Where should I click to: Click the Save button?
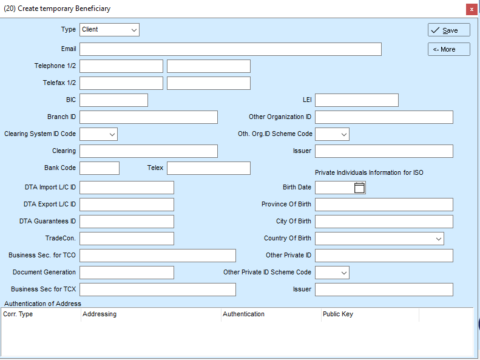[x=449, y=30]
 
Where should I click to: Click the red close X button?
[x=472, y=10]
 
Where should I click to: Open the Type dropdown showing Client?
[x=109, y=30]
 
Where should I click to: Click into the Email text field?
[x=231, y=49]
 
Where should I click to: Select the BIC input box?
[x=113, y=100]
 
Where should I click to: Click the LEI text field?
[x=357, y=100]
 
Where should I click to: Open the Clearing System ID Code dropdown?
[x=98, y=134]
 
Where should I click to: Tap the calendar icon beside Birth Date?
[x=359, y=188]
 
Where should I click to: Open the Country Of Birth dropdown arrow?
[x=439, y=239]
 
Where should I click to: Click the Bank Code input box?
[x=100, y=168]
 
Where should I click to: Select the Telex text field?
[x=209, y=168]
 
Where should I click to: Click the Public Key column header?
[x=338, y=314]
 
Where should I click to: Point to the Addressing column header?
[x=100, y=314]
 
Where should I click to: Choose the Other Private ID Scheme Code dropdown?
[x=332, y=273]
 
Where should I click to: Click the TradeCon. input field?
[x=127, y=239]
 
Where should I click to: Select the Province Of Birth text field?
[x=384, y=205]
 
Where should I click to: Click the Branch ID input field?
[x=149, y=117]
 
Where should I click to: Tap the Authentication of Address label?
[x=42, y=304]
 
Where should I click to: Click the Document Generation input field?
[x=127, y=273]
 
